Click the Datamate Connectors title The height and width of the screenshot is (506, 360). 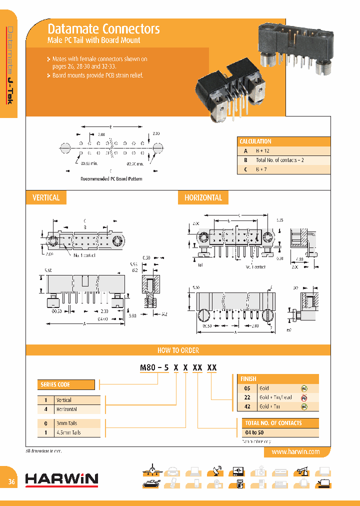(x=103, y=29)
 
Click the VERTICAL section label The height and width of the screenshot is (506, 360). (x=46, y=198)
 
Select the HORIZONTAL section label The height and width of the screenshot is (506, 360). (x=203, y=198)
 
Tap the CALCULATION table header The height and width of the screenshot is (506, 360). (x=255, y=141)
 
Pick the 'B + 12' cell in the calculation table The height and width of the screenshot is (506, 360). (x=263, y=150)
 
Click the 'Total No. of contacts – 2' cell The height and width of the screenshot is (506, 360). (x=280, y=160)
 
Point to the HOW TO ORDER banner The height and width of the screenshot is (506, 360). (x=178, y=350)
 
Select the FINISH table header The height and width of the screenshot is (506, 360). (x=248, y=379)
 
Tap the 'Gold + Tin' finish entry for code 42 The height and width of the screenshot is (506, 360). (x=270, y=407)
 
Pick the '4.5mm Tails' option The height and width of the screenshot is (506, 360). (x=69, y=432)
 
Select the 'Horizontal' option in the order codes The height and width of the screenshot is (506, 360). (x=66, y=409)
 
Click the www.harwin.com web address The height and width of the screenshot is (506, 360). (x=295, y=451)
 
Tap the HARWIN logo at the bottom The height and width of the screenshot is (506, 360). (x=61, y=479)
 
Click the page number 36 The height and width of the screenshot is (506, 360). (x=11, y=482)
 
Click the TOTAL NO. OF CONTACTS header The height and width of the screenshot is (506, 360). (x=273, y=423)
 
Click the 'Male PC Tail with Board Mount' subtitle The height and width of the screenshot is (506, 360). (x=93, y=40)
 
